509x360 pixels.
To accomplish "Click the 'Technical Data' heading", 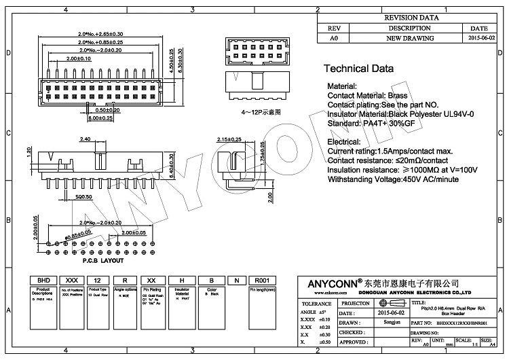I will (358, 69).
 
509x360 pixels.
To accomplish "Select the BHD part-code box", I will (44, 280).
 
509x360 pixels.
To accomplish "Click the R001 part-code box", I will (261, 280).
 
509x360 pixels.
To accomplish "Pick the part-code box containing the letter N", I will (235, 280).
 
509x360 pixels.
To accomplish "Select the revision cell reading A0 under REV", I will (333, 39).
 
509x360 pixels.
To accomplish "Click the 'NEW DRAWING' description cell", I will (409, 39).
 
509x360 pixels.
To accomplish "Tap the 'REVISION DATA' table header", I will (409, 18).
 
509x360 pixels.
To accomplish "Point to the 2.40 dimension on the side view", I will (86, 139).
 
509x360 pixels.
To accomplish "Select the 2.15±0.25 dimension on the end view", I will (229, 139).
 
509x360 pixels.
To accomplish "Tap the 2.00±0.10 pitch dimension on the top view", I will (79, 59).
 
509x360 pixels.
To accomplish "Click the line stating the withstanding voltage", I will (393, 179).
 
